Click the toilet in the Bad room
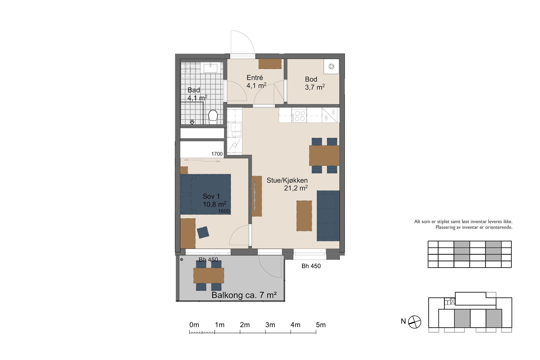pos(213,117)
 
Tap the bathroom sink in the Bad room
pos(211,67)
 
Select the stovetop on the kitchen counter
pos(299,115)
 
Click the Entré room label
pos(254,78)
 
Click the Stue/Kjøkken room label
pos(287,180)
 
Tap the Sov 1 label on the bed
pos(211,196)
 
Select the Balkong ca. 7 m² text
pos(244,295)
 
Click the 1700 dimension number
pos(217,154)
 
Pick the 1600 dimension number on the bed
pos(224,211)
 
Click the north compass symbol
pos(415,322)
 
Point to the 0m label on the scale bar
pos(194,325)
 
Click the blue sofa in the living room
pos(328,216)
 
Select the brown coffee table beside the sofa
pos(304,216)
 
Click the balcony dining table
pos(209,276)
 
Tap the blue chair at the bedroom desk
pos(203,232)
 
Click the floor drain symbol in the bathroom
pos(192,122)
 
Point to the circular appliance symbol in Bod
pos(331,66)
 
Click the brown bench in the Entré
pos(270,64)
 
